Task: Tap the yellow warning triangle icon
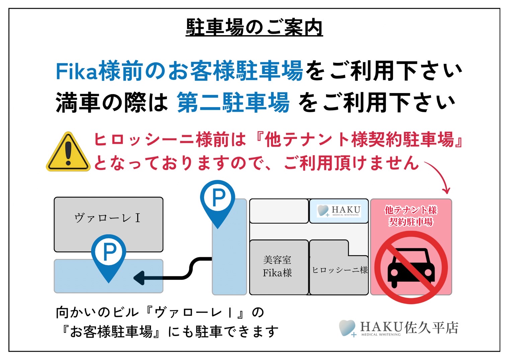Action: pos(68,152)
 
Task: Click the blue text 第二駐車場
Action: pos(233,102)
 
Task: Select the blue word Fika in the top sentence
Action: pos(77,71)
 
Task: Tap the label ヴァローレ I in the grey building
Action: pos(107,218)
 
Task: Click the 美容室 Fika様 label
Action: pos(277,266)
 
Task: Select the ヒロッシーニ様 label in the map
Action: pos(340,270)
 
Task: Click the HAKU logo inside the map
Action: pos(339,211)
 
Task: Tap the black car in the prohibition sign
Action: pos(411,268)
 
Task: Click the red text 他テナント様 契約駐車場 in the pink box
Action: pos(411,216)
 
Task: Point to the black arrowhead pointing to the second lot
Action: pos(139,278)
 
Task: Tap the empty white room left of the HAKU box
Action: pos(279,211)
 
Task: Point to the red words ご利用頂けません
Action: pos(351,163)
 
